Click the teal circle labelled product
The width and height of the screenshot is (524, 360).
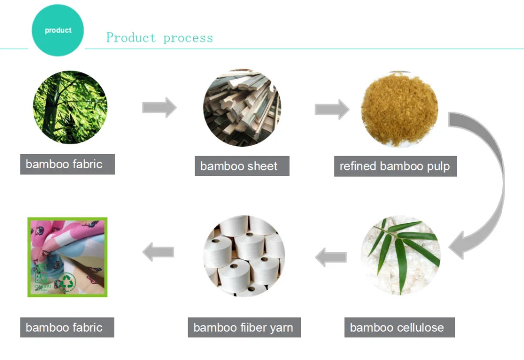[x=58, y=30]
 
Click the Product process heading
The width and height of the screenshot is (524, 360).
[x=159, y=38]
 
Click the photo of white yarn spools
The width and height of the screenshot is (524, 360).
[x=244, y=256]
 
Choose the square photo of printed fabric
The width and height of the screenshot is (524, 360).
[x=67, y=257]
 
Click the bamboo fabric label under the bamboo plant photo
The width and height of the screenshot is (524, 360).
[x=67, y=165]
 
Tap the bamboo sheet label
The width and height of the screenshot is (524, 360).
[x=242, y=167]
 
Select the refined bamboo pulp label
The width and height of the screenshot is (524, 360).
[x=395, y=167]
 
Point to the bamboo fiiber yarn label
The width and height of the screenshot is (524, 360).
[x=243, y=328]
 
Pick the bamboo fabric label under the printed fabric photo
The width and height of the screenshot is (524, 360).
[x=67, y=328]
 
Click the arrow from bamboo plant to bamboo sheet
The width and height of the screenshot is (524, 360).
[x=159, y=107]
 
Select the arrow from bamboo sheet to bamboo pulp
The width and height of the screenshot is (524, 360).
[x=332, y=109]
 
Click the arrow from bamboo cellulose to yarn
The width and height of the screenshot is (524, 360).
[x=331, y=257]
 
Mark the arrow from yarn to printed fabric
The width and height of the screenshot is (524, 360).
[x=158, y=252]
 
